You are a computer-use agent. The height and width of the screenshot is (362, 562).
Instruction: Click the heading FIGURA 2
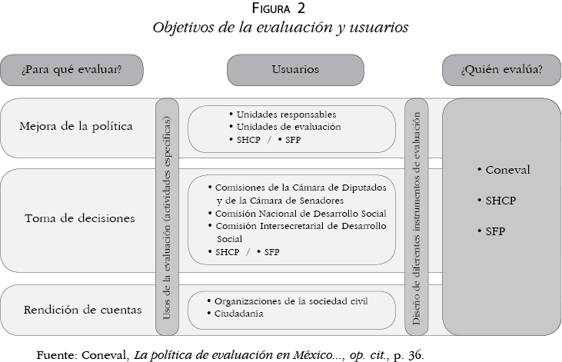point(281,9)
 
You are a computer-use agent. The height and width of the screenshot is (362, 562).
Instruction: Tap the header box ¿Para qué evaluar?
point(71,70)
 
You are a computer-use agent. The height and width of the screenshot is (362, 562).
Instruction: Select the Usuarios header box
point(295,70)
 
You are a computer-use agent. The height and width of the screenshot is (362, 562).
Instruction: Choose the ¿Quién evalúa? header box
point(501,70)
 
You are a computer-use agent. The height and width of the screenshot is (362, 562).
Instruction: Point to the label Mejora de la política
point(76,126)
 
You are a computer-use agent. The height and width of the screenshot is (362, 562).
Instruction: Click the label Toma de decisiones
point(80,218)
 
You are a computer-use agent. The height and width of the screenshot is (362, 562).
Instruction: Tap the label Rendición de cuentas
point(82,311)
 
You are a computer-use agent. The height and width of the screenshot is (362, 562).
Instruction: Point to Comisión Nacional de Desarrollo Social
point(300,213)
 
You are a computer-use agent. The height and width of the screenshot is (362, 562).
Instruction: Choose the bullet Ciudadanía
point(238,314)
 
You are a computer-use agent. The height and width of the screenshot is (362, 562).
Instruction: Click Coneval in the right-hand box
point(505,170)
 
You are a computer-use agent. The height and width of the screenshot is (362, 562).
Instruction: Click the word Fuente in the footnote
point(56,354)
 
